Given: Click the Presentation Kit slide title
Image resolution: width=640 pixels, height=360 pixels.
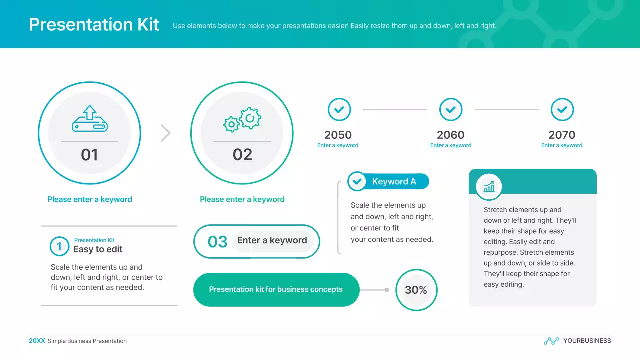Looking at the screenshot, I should pos(94,25).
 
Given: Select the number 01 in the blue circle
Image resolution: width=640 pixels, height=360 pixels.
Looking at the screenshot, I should pos(89,155).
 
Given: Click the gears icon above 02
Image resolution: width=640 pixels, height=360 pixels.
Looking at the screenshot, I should pos(242,120).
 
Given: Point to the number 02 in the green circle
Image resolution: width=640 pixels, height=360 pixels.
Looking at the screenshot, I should pos(242,155).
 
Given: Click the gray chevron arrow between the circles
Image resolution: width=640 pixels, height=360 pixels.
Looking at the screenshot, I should pos(166,133).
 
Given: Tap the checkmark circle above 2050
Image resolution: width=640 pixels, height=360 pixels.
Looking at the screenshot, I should pos(339,109).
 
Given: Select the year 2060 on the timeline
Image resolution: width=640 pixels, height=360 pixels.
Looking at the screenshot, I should pos(450,135).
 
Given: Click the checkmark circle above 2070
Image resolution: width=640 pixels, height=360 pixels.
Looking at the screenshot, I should pos(562,109).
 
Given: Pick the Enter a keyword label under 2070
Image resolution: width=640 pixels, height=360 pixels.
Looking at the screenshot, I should pos(562,145).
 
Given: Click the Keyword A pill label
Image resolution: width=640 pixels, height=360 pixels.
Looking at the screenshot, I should pos(394,182).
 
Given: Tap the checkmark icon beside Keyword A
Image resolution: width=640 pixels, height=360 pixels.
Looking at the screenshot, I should pos(357,182).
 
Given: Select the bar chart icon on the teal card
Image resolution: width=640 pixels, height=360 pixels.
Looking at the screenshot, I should pos(489,187).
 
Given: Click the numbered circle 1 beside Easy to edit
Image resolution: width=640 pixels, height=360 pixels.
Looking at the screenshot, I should pos(59,246).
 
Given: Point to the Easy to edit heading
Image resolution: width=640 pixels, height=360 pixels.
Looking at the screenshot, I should pos(98,249).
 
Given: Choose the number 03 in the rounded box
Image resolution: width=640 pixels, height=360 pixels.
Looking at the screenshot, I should pos(217,242).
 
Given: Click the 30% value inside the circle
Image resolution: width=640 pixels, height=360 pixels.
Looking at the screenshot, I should pos(416,290).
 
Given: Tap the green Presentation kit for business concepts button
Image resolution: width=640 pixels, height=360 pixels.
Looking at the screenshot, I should pos(276,290).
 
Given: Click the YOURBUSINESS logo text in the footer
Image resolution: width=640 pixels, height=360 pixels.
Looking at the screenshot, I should pos(587,341).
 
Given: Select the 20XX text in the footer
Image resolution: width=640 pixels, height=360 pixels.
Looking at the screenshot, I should pos(37,341).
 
